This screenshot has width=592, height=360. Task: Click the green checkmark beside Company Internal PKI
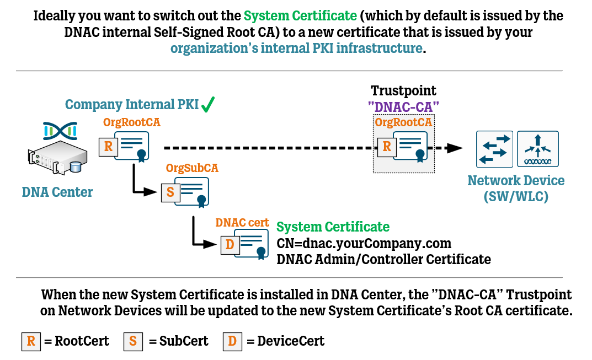tap(208, 105)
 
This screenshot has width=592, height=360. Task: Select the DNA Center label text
tap(57, 192)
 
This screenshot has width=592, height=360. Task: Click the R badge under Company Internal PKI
tap(108, 147)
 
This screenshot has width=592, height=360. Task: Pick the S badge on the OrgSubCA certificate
tap(170, 192)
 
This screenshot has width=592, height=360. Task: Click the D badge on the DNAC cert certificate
tap(230, 245)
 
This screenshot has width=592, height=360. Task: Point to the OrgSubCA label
tap(192, 168)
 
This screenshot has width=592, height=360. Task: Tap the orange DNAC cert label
tap(242, 223)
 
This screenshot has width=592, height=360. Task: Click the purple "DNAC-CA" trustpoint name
tap(404, 107)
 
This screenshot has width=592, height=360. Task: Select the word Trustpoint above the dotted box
tap(404, 90)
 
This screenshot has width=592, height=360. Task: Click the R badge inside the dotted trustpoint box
tap(387, 147)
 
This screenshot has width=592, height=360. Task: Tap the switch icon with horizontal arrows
tap(494, 149)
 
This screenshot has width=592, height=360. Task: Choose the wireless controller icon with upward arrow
tap(537, 149)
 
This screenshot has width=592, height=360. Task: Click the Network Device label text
tap(516, 189)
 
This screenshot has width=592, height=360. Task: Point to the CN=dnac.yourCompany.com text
tap(364, 243)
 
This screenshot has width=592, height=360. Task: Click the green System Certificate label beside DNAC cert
tap(333, 227)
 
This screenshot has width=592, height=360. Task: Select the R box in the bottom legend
tap(31, 341)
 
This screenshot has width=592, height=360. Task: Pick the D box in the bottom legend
tap(232, 341)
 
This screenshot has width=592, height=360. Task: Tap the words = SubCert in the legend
tap(179, 341)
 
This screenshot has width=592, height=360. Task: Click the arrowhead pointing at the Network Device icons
tap(454, 148)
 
